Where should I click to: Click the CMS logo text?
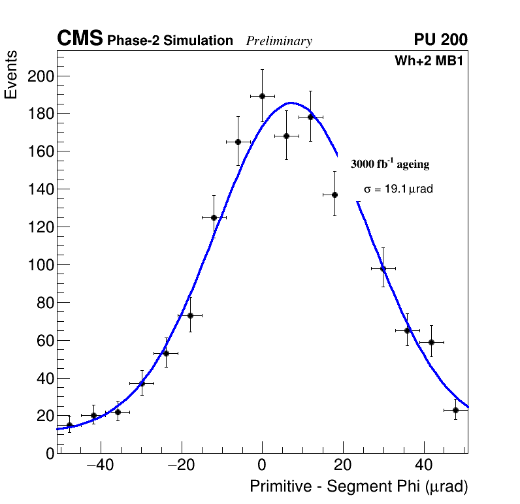click(80, 39)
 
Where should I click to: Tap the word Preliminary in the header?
click(279, 41)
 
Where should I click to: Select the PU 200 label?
click(440, 40)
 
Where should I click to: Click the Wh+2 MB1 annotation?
click(429, 61)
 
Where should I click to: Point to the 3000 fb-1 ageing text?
click(390, 165)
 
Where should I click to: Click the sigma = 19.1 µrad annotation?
click(398, 189)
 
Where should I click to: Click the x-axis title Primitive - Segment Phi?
click(359, 487)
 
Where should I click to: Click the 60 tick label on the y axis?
click(43, 341)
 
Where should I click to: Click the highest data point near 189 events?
click(262, 96)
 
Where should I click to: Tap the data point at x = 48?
click(455, 410)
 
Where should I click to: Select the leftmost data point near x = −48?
click(69, 425)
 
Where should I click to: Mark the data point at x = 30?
click(383, 268)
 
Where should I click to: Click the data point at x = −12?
click(214, 217)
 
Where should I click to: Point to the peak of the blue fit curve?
click(291, 102)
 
